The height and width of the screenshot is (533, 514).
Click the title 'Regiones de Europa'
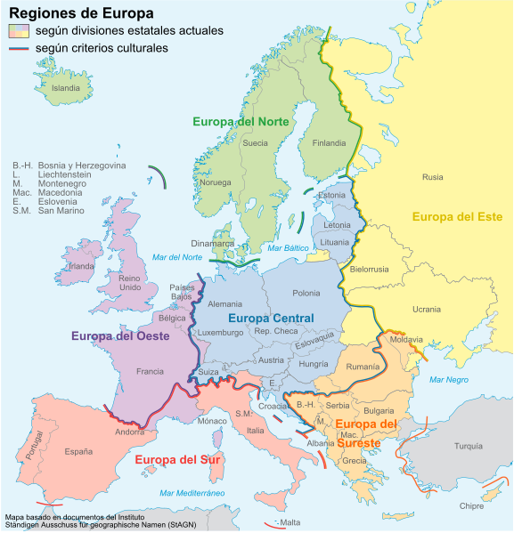pyautogui.click(x=80, y=13)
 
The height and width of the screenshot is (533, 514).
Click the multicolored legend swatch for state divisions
pyautogui.click(x=19, y=31)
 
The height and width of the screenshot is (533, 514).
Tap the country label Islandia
pyautogui.click(x=66, y=88)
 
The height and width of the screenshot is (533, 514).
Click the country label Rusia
pyautogui.click(x=432, y=177)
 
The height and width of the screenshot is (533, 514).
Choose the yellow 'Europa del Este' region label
pyautogui.click(x=457, y=216)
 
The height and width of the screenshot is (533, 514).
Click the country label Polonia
pyautogui.click(x=306, y=293)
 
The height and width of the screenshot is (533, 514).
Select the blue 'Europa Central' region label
pyautogui.click(x=271, y=319)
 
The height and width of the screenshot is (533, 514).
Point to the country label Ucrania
pyautogui.click(x=426, y=309)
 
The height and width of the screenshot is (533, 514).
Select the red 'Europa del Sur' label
pyautogui.click(x=177, y=459)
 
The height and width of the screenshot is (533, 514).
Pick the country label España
pyautogui.click(x=78, y=451)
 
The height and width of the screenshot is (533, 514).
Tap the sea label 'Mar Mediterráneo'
pyautogui.click(x=192, y=492)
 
